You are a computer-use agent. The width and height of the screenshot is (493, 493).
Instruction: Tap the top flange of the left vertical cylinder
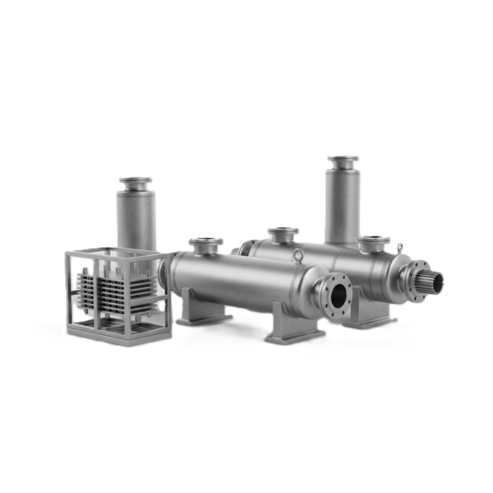coord(135,182)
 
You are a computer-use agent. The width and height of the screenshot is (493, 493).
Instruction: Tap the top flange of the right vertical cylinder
coord(343,160)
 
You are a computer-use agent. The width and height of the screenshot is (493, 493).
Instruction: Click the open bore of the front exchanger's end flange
coord(338,296)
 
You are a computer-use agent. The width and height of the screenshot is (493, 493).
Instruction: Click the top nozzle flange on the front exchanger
coord(205,242)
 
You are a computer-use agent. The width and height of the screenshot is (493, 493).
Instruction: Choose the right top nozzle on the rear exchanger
coord(373,241)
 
